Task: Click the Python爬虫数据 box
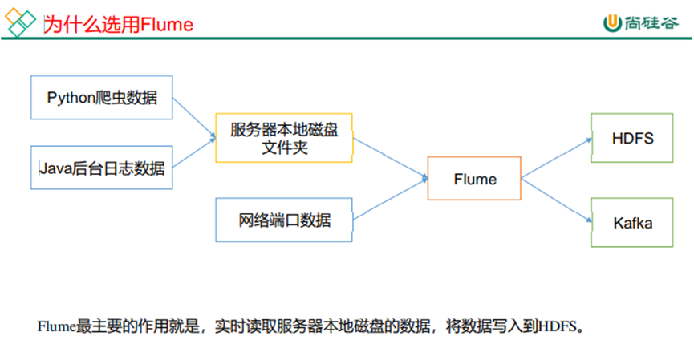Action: (102, 98)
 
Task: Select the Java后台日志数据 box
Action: (102, 168)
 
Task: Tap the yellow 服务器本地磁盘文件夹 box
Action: (284, 139)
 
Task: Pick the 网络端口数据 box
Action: (284, 220)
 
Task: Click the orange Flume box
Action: (474, 178)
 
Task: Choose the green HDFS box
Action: (632, 138)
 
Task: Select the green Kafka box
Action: (632, 221)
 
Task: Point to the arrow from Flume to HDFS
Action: (555, 158)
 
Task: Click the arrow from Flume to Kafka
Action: (555, 199)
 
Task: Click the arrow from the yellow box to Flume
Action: (390, 157)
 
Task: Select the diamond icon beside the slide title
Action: (22, 24)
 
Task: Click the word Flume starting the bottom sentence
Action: (56, 327)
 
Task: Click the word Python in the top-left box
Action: (68, 98)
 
